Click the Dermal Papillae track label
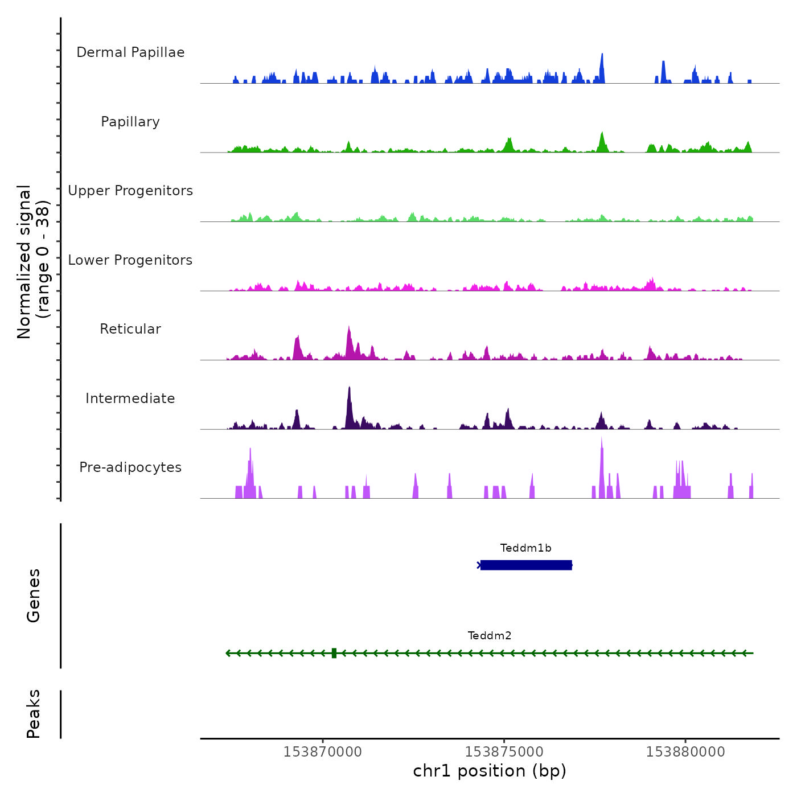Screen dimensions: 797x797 coord(130,52)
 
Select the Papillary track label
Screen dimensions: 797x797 coord(130,122)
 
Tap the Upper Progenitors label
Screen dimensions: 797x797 coord(130,191)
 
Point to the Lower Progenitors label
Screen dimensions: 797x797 coord(130,260)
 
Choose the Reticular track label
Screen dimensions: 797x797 coord(130,329)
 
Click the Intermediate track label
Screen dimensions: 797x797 coord(130,398)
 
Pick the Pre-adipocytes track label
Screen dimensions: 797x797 coord(130,467)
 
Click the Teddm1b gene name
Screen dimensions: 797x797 coord(525,548)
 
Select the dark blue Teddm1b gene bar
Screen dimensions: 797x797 coord(526,565)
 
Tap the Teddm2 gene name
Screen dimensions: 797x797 coord(490,636)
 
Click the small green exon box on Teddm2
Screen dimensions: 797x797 coord(334,653)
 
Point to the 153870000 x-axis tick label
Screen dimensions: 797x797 coord(323,752)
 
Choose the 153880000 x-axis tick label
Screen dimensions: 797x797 coord(685,752)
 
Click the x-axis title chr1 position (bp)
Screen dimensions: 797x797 coord(490,771)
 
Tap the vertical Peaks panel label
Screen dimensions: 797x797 coord(34,714)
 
